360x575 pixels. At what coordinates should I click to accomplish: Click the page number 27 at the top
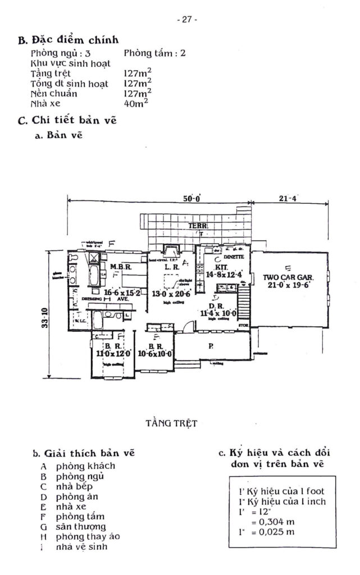click(186, 20)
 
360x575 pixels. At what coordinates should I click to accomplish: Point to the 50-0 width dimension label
click(192, 198)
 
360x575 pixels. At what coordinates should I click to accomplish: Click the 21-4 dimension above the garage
click(287, 198)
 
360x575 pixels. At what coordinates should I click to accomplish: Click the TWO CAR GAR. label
click(288, 277)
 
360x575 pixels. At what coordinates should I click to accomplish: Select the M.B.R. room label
click(120, 267)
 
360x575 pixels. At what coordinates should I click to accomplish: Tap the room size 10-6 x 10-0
click(154, 353)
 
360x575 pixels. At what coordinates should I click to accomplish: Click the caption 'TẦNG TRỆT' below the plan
click(171, 423)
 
